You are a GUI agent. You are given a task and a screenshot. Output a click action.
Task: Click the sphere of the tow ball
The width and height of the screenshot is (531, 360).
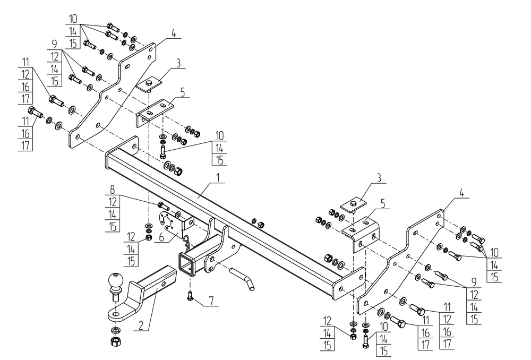click(116, 280)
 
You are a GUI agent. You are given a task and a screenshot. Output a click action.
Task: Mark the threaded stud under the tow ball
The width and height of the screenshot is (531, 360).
click(114, 296)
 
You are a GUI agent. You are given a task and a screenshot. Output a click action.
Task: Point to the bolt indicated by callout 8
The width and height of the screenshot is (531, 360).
click(163, 205)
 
